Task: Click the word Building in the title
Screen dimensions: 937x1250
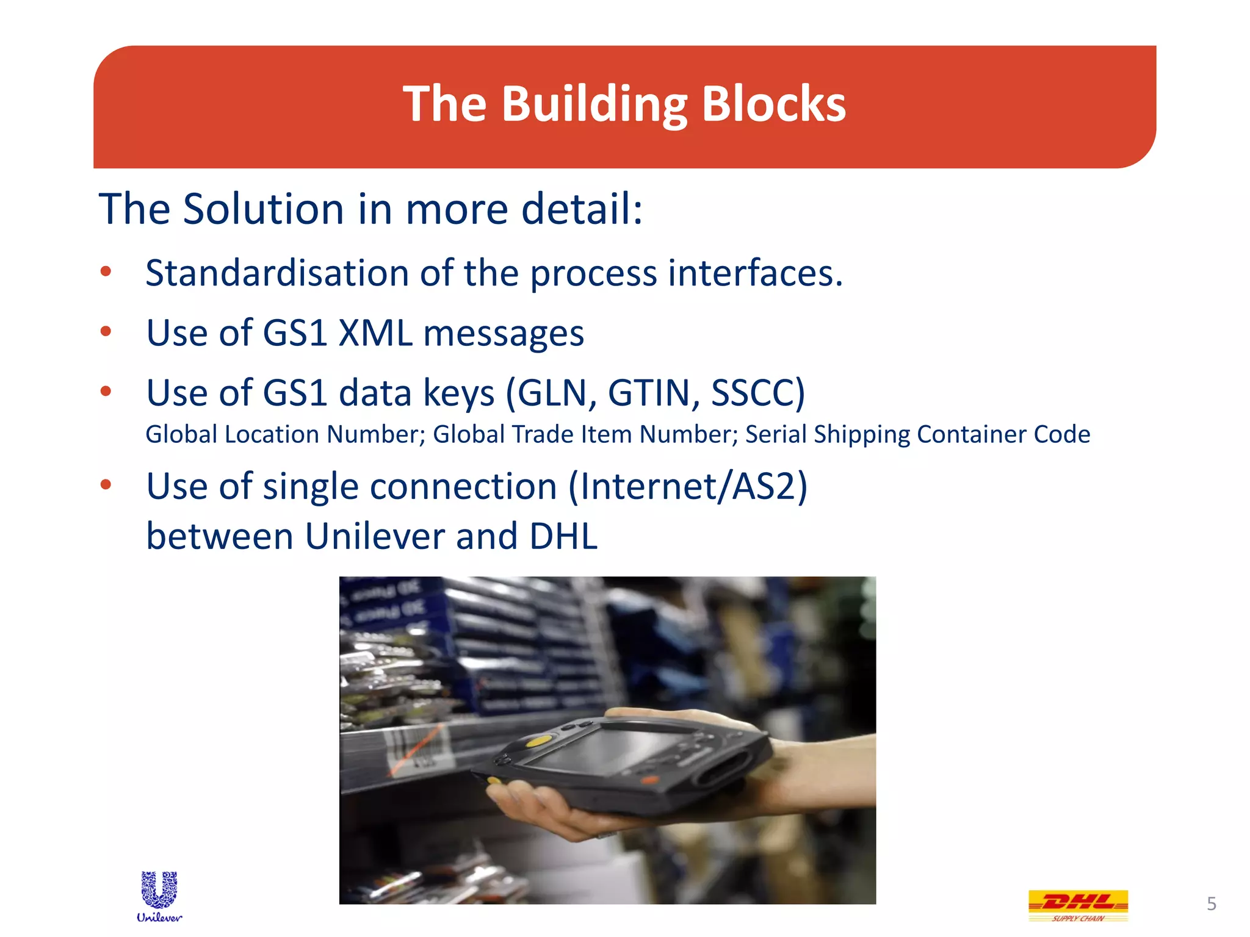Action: point(594,104)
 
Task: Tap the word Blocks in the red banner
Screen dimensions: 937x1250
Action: point(773,104)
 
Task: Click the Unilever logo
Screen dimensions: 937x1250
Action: point(159,896)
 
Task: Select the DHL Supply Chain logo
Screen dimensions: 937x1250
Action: point(1078,905)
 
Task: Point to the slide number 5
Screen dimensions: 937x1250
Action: point(1212,903)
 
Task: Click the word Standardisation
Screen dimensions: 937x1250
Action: point(277,273)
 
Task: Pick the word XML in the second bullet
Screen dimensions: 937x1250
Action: point(375,333)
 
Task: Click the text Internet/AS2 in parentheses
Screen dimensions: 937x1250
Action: point(688,486)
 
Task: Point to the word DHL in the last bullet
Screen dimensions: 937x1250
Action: point(563,536)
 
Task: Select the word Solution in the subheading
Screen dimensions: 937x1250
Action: point(265,209)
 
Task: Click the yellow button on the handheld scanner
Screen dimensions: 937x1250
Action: point(538,741)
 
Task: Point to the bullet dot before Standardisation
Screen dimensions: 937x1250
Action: point(106,271)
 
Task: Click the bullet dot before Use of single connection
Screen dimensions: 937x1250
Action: point(106,485)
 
